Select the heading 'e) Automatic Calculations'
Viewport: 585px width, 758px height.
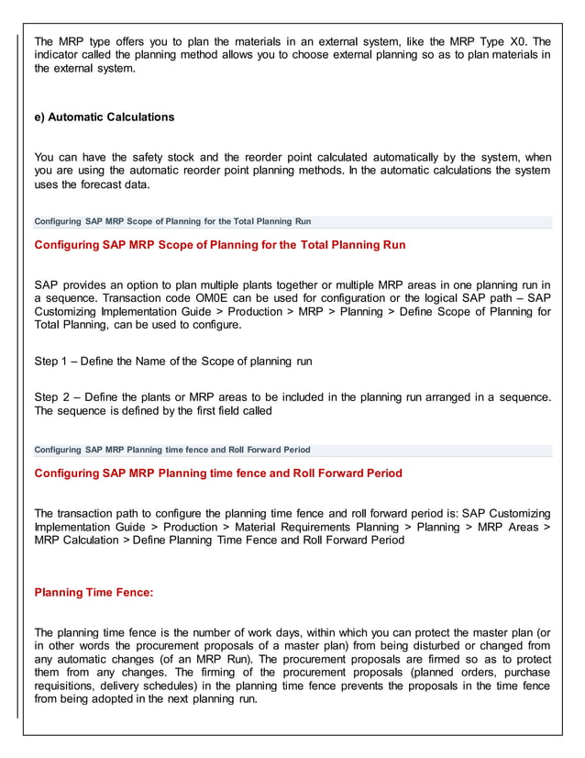coord(104,117)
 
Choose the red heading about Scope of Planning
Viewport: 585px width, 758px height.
coord(219,245)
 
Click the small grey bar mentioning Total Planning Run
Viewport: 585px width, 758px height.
coord(172,221)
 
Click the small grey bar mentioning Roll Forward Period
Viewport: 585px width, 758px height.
coord(171,450)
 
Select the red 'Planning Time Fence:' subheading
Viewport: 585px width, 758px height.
coord(94,593)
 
